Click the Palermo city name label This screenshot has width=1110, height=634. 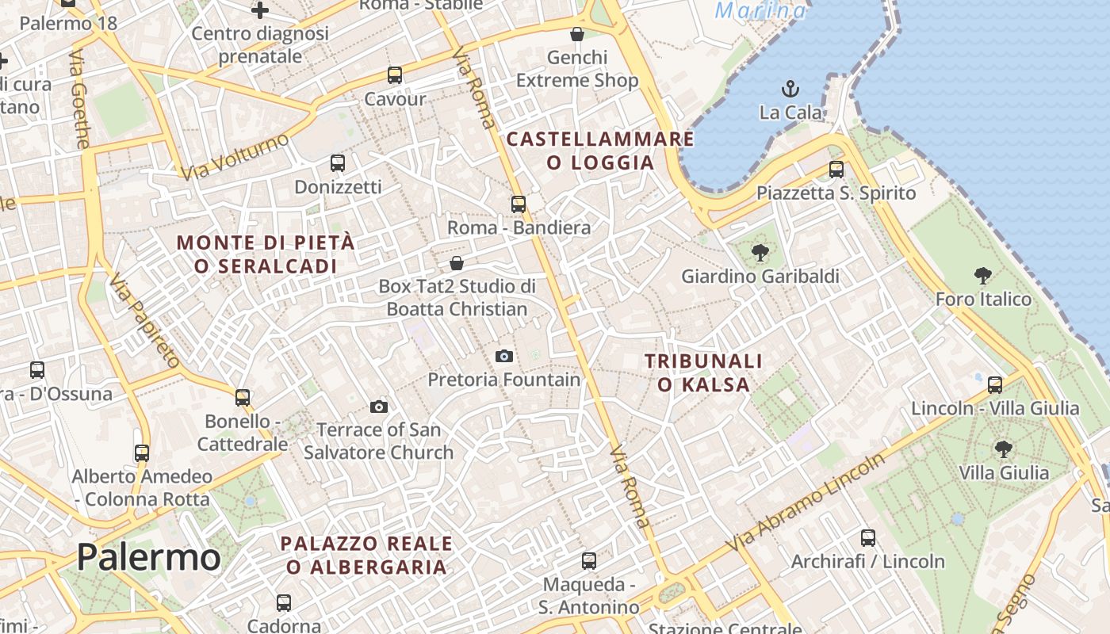pos(148,558)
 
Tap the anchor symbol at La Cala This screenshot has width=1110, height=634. pos(790,88)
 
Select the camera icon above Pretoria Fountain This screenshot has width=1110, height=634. pos(504,357)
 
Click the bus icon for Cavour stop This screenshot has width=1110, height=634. pos(395,75)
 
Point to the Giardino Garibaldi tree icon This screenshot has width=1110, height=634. pos(760,253)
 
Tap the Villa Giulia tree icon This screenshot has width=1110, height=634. pos(1004,449)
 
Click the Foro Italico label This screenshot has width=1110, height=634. pos(983,300)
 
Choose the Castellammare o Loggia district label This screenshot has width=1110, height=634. pos(600,151)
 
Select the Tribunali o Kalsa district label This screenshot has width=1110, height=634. pos(703,372)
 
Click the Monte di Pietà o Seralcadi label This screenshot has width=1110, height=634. pos(266,254)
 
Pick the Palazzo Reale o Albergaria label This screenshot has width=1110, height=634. pos(366,555)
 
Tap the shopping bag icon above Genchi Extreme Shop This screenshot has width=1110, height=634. pos(577,34)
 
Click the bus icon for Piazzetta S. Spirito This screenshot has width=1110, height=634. pos(836,169)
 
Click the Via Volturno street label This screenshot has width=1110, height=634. pos(235,156)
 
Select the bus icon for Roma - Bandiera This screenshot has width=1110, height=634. pos(519,204)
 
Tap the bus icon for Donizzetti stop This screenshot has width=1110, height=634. pos(338,163)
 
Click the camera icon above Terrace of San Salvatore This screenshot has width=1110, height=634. pos(379,407)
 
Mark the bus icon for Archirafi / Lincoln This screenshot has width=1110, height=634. pos(868,538)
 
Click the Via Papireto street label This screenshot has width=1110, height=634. pos(144,321)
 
